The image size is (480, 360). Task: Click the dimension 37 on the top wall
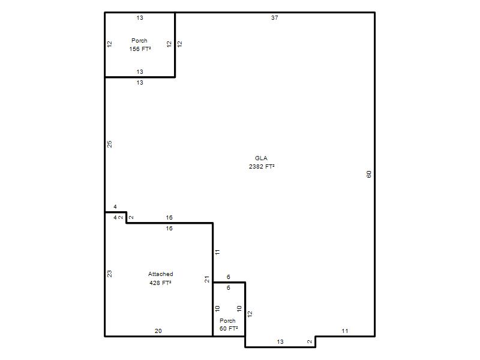(x=275, y=18)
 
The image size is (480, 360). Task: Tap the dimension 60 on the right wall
(x=369, y=174)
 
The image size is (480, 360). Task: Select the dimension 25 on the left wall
(x=110, y=144)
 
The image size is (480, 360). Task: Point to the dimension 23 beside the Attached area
(x=110, y=274)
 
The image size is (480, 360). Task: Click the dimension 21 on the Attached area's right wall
(x=207, y=279)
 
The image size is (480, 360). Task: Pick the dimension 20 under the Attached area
(x=158, y=331)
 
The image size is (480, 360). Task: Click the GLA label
(x=261, y=158)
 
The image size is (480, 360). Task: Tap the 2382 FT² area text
(x=262, y=167)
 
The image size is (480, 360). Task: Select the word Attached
(x=161, y=274)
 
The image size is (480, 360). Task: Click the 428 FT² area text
(x=160, y=283)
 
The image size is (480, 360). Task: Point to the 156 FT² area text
(x=140, y=49)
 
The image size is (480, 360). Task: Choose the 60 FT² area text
(x=229, y=328)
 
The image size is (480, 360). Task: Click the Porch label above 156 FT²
(x=139, y=40)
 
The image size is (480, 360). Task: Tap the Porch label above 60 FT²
(x=227, y=320)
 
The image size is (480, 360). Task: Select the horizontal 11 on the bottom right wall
(x=345, y=331)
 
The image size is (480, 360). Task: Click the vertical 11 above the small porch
(x=217, y=252)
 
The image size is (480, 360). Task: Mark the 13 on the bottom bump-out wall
(x=280, y=341)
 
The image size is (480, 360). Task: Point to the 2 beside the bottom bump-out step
(x=310, y=341)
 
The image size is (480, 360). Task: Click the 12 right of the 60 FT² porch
(x=250, y=314)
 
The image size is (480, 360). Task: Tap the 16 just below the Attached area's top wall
(x=169, y=229)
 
